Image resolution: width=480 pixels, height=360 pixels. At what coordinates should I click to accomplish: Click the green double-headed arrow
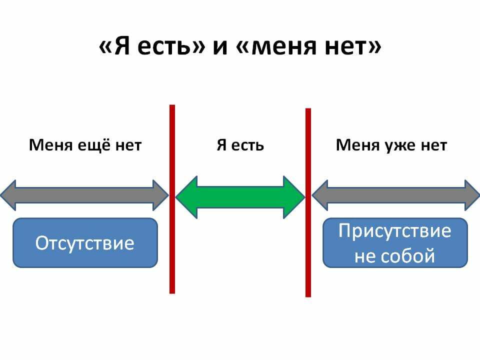(240, 197)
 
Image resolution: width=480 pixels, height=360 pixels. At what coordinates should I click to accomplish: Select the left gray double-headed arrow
(84, 195)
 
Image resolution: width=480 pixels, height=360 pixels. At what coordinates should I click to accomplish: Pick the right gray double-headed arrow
(395, 195)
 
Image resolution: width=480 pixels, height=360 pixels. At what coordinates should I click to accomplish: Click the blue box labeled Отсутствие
(85, 243)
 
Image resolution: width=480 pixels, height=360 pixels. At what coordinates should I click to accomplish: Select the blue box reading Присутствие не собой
(395, 243)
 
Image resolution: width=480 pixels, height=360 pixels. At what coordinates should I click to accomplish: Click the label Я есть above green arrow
(240, 145)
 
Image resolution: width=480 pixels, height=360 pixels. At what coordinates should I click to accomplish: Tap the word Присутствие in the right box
(395, 230)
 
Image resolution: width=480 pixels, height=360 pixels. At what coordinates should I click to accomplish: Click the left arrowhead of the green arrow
(186, 197)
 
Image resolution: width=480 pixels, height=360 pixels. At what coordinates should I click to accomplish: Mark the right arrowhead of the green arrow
(294, 197)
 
